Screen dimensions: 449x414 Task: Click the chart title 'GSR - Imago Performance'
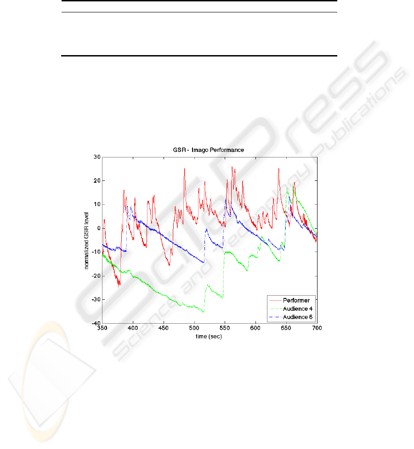coord(209,150)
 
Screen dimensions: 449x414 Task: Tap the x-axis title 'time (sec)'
coord(209,336)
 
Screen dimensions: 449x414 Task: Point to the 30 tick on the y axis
coord(97,157)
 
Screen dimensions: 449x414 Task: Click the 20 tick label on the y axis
coord(97,181)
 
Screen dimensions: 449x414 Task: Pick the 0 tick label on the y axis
coord(98,228)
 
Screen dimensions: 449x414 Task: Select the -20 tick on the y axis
coord(96,275)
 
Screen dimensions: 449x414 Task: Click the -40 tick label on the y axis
coord(96,323)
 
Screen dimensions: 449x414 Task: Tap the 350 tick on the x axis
coord(102,328)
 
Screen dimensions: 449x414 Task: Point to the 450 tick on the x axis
coord(164,328)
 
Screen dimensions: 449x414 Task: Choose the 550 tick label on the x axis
coord(225,328)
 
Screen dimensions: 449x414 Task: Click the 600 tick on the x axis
coord(255,328)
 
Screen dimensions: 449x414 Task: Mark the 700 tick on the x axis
coord(317,328)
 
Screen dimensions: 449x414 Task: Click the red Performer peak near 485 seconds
coord(184,168)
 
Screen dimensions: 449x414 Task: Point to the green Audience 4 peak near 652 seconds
coord(287,188)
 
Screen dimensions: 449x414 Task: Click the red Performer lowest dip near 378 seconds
coord(119,286)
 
